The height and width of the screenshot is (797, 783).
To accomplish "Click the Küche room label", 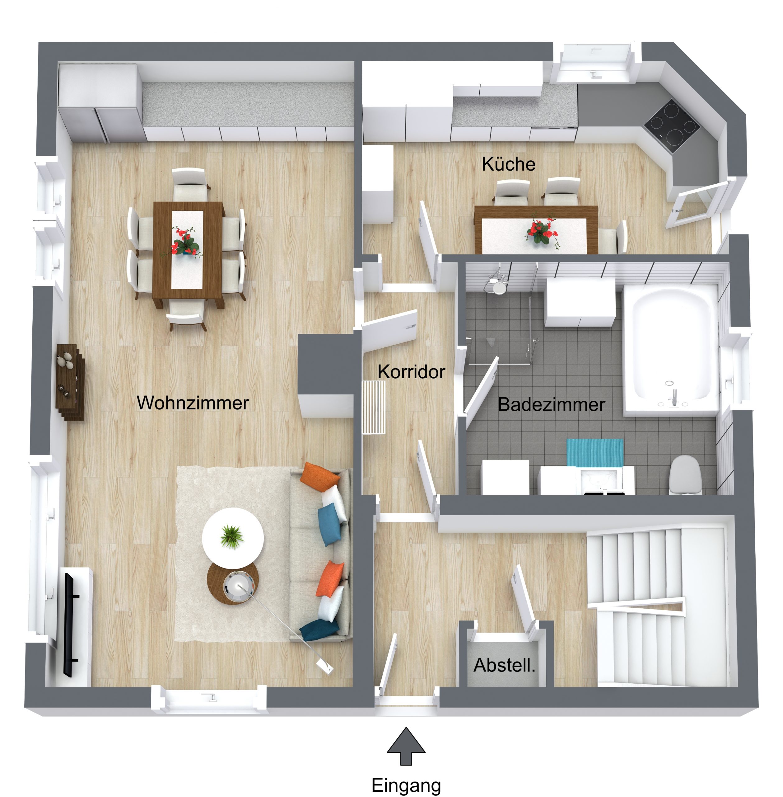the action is tap(508, 164).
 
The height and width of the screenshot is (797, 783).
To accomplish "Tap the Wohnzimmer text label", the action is tap(193, 403).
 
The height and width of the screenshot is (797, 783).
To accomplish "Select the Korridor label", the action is tap(411, 372).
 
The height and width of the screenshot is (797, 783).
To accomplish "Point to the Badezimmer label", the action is tap(552, 404).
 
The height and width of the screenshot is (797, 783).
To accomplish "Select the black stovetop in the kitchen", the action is tap(672, 125).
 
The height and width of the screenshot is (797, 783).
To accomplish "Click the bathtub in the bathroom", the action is tap(671, 350).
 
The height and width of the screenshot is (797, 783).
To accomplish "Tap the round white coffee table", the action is tap(232, 537).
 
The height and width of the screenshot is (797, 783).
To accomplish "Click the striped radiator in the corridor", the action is tap(373, 407).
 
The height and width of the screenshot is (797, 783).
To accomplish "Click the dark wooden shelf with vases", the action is tap(70, 382).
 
